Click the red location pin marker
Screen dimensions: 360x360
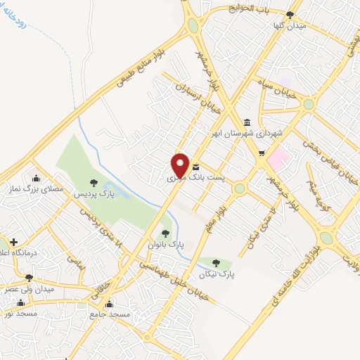(180, 164)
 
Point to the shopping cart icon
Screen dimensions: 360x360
(261, 153)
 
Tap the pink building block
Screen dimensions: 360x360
(279, 157)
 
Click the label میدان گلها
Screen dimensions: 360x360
(289, 25)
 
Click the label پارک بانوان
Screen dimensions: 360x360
(166, 244)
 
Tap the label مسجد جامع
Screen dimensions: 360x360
(110, 315)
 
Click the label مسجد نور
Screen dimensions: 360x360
(22, 314)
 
